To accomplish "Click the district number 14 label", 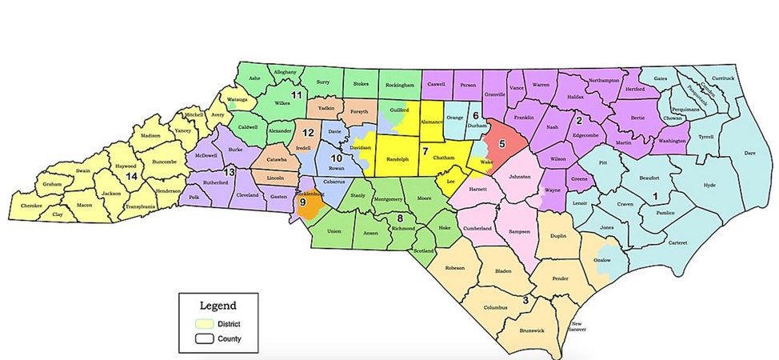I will coord(130,175).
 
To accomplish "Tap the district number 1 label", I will coord(656,195).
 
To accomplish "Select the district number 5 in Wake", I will coord(502,144).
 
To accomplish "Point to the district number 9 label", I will coord(302,203).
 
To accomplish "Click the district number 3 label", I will coord(525,300).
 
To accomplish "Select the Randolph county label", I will coord(397,158).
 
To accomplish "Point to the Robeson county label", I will coord(460,268).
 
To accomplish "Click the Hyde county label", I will coord(709,185).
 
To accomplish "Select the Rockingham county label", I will coord(398,85).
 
